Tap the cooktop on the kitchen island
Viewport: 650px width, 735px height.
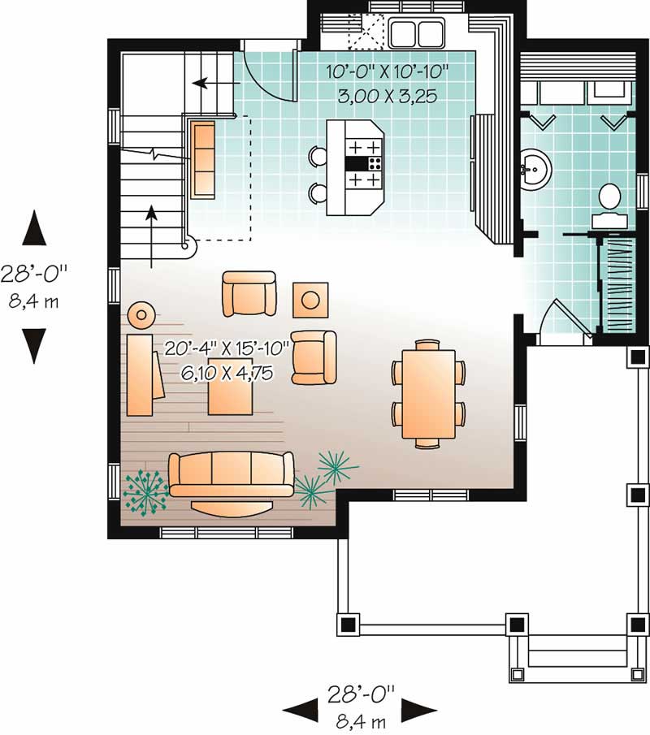pyautogui.click(x=364, y=163)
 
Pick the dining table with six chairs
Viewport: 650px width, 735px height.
pyautogui.click(x=429, y=393)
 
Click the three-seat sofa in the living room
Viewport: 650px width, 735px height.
pyautogui.click(x=231, y=475)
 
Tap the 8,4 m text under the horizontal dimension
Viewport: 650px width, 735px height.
pyautogui.click(x=361, y=718)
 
